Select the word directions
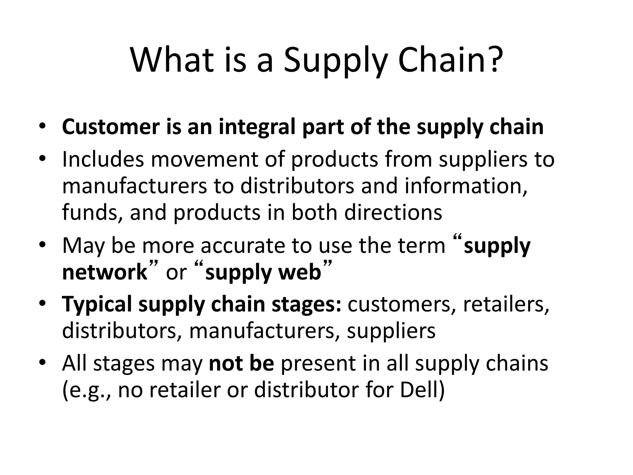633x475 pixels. click(x=393, y=212)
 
